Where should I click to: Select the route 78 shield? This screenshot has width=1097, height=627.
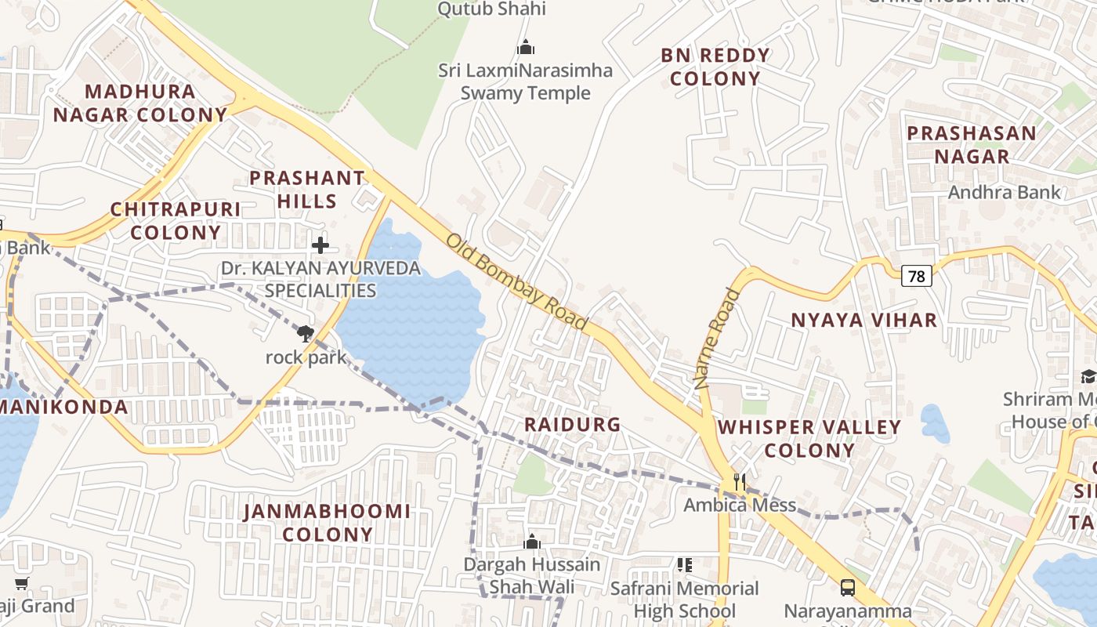[x=916, y=276]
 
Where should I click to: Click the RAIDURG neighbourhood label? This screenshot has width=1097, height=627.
[x=572, y=425]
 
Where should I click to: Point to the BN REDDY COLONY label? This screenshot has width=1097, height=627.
[x=715, y=67]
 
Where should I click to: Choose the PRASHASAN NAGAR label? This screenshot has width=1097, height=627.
[x=972, y=144]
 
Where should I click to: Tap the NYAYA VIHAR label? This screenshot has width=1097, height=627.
[x=863, y=320]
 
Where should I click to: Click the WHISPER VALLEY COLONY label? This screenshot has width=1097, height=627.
[x=809, y=439]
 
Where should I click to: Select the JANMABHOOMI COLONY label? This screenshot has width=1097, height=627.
[x=327, y=523]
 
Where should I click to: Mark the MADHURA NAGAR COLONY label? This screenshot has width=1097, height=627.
[x=139, y=103]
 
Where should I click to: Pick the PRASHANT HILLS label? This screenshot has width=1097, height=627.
[x=307, y=190]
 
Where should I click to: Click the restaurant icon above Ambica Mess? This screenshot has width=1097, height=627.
[x=739, y=480]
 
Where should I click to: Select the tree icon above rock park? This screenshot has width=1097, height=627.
[x=305, y=334]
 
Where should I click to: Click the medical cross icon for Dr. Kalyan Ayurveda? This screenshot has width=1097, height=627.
[x=320, y=245]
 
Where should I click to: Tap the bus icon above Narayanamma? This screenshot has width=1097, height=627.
[x=847, y=587]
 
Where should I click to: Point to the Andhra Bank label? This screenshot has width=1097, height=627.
[x=1004, y=192]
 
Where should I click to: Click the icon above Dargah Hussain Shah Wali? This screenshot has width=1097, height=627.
[x=531, y=542]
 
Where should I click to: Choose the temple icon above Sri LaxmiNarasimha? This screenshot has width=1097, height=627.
[x=525, y=47]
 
